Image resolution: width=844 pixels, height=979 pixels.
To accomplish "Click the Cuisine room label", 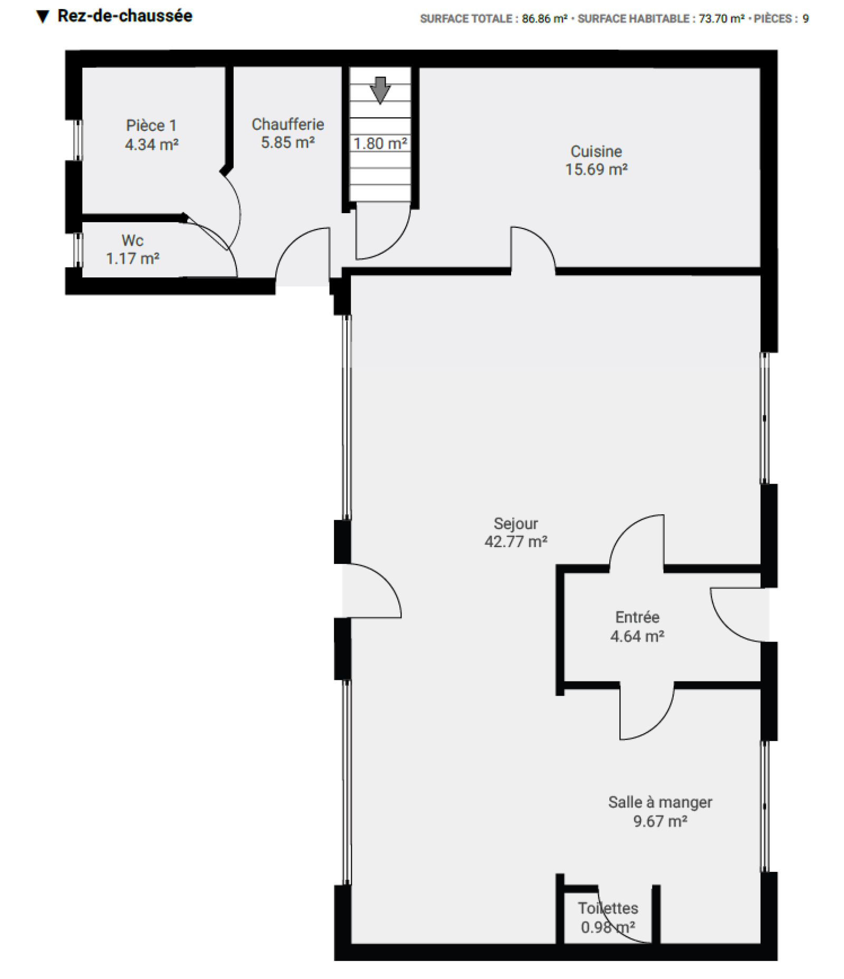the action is [596, 151].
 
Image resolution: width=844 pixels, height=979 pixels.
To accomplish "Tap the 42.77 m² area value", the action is [516, 542].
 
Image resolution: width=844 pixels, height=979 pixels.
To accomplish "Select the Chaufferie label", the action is [287, 124].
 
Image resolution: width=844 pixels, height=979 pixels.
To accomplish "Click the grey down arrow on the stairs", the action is [380, 90].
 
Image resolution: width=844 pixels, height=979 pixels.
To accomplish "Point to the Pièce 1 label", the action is [151, 126].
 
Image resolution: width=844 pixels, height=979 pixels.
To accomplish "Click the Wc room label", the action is [132, 241].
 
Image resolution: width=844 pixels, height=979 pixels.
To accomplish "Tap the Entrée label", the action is [637, 617].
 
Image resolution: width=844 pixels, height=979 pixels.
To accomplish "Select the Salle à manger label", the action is [660, 802].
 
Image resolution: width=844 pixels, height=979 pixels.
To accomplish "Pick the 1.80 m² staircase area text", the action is [380, 143].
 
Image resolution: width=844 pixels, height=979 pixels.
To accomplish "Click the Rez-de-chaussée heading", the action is [125, 16].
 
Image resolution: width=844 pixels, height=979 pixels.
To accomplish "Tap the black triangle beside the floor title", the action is [43, 17].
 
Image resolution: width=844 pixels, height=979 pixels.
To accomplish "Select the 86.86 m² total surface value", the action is [544, 19].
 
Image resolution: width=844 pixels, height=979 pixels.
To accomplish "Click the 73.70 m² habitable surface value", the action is [722, 19].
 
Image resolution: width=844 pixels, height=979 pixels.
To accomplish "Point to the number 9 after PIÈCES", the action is [805, 19].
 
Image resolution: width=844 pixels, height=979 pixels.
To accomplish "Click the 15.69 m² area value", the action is [596, 170].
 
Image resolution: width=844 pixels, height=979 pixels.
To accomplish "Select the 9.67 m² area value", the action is [660, 821].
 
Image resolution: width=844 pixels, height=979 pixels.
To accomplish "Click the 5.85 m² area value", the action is [287, 143].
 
